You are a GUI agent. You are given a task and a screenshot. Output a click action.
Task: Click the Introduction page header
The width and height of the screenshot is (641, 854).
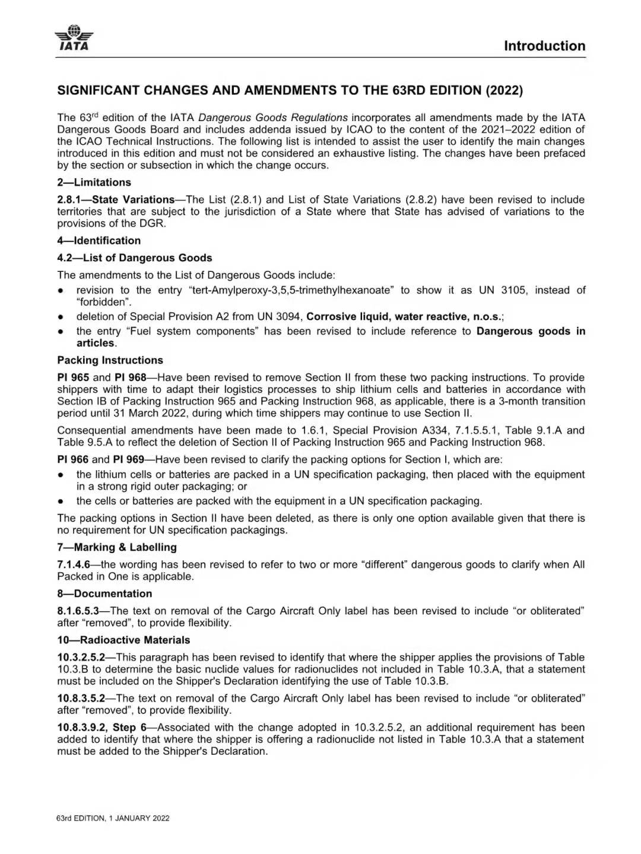tap(544, 46)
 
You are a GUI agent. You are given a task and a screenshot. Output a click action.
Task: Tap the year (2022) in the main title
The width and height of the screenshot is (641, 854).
tap(504, 90)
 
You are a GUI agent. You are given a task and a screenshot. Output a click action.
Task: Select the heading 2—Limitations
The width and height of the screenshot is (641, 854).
tap(94, 182)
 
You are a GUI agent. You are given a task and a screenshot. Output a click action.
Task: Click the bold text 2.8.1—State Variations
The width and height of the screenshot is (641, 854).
tap(116, 199)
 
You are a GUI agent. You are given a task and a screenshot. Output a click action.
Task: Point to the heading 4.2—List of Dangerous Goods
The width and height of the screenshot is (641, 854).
tap(134, 258)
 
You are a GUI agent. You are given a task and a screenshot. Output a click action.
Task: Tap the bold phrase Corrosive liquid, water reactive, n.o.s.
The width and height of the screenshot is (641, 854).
tap(404, 316)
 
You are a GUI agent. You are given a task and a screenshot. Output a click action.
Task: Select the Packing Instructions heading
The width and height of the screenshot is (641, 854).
tap(110, 360)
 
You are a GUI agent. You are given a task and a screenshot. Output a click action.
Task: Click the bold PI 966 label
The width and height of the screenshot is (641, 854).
tap(72, 459)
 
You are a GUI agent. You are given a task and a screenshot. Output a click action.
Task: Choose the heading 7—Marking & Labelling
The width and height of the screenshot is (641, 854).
tap(117, 547)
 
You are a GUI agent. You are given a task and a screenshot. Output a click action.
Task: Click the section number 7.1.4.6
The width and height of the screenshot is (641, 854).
tap(74, 564)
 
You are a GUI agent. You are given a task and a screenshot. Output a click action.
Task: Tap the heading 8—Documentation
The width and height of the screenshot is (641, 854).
tap(104, 593)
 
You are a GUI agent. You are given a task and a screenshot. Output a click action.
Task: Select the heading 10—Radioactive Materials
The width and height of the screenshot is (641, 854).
tap(123, 640)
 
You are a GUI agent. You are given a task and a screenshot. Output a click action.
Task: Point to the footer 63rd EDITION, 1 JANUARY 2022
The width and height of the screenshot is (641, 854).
tap(113, 818)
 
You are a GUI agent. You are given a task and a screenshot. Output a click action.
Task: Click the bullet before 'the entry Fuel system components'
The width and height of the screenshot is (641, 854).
tap(61, 332)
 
